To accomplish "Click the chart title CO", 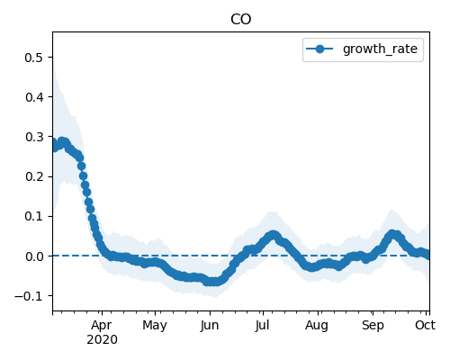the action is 240,20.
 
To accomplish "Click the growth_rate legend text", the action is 380,49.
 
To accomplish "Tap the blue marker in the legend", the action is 319,49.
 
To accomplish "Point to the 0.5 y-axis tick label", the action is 34,58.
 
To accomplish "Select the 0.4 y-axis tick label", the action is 34,97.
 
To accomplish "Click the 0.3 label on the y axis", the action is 34,137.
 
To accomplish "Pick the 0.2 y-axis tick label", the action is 34,176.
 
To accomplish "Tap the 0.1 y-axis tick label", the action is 34,216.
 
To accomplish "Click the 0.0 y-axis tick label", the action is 34,256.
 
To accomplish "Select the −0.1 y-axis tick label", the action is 29,296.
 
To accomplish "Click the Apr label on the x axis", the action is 102,326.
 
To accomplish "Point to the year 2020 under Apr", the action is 102,340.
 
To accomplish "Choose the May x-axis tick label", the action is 155,326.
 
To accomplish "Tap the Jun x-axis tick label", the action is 210,326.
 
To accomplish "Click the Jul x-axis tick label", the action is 263,326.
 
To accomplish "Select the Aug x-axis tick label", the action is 317,326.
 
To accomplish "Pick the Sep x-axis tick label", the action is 373,326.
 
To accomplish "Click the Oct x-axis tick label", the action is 426,326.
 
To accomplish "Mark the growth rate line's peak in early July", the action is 273,235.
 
